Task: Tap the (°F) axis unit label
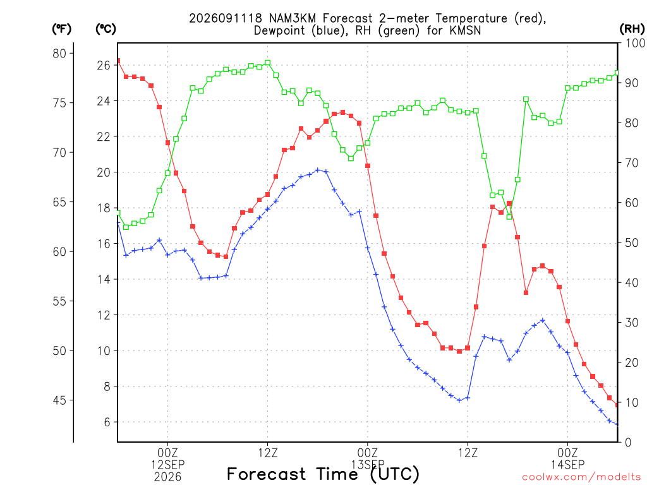click(x=61, y=29)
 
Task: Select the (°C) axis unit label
click(x=106, y=29)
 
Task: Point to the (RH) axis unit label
click(x=632, y=29)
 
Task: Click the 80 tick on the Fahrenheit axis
click(x=59, y=54)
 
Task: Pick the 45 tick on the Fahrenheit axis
click(x=59, y=400)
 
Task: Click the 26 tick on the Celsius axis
click(x=104, y=66)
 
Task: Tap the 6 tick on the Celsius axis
click(x=107, y=422)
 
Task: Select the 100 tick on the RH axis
click(x=635, y=44)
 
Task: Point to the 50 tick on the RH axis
click(x=631, y=243)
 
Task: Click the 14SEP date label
click(x=568, y=465)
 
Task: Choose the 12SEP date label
click(x=167, y=465)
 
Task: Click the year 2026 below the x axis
click(x=167, y=477)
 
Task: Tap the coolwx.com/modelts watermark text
click(x=581, y=477)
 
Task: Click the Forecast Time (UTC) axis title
click(x=323, y=474)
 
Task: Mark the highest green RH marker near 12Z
click(x=267, y=63)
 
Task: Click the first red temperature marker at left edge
click(x=118, y=61)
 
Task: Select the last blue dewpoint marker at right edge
click(x=617, y=424)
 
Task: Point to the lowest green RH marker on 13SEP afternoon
click(x=509, y=217)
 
